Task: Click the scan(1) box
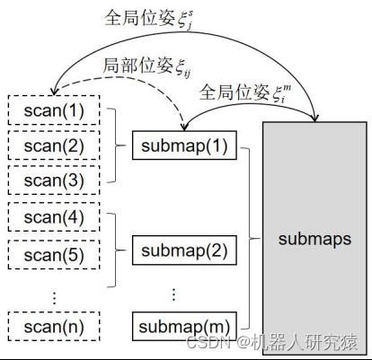[54, 110]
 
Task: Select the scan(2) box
[54, 145]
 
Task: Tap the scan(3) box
[54, 180]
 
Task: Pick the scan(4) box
[54, 216]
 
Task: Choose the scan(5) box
[54, 254]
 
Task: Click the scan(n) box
[54, 326]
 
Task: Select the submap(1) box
[184, 145]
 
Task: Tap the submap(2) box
[184, 250]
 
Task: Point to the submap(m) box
[184, 326]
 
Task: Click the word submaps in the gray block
[314, 239]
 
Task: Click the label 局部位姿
[138, 66]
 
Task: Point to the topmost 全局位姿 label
[140, 18]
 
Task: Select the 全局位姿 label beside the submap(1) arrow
[235, 92]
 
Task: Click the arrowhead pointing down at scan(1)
[54, 91]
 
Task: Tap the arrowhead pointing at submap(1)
[184, 127]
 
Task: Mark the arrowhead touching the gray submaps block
[314, 118]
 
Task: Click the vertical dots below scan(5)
[54, 297]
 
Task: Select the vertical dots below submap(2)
[173, 294]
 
